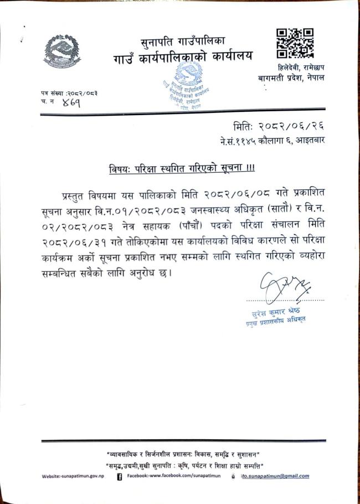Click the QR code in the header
click(x=294, y=44)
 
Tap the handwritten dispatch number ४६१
click(x=71, y=103)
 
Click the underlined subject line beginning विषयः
click(x=181, y=168)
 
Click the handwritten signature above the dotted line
click(x=285, y=286)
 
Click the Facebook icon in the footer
click(x=120, y=476)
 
